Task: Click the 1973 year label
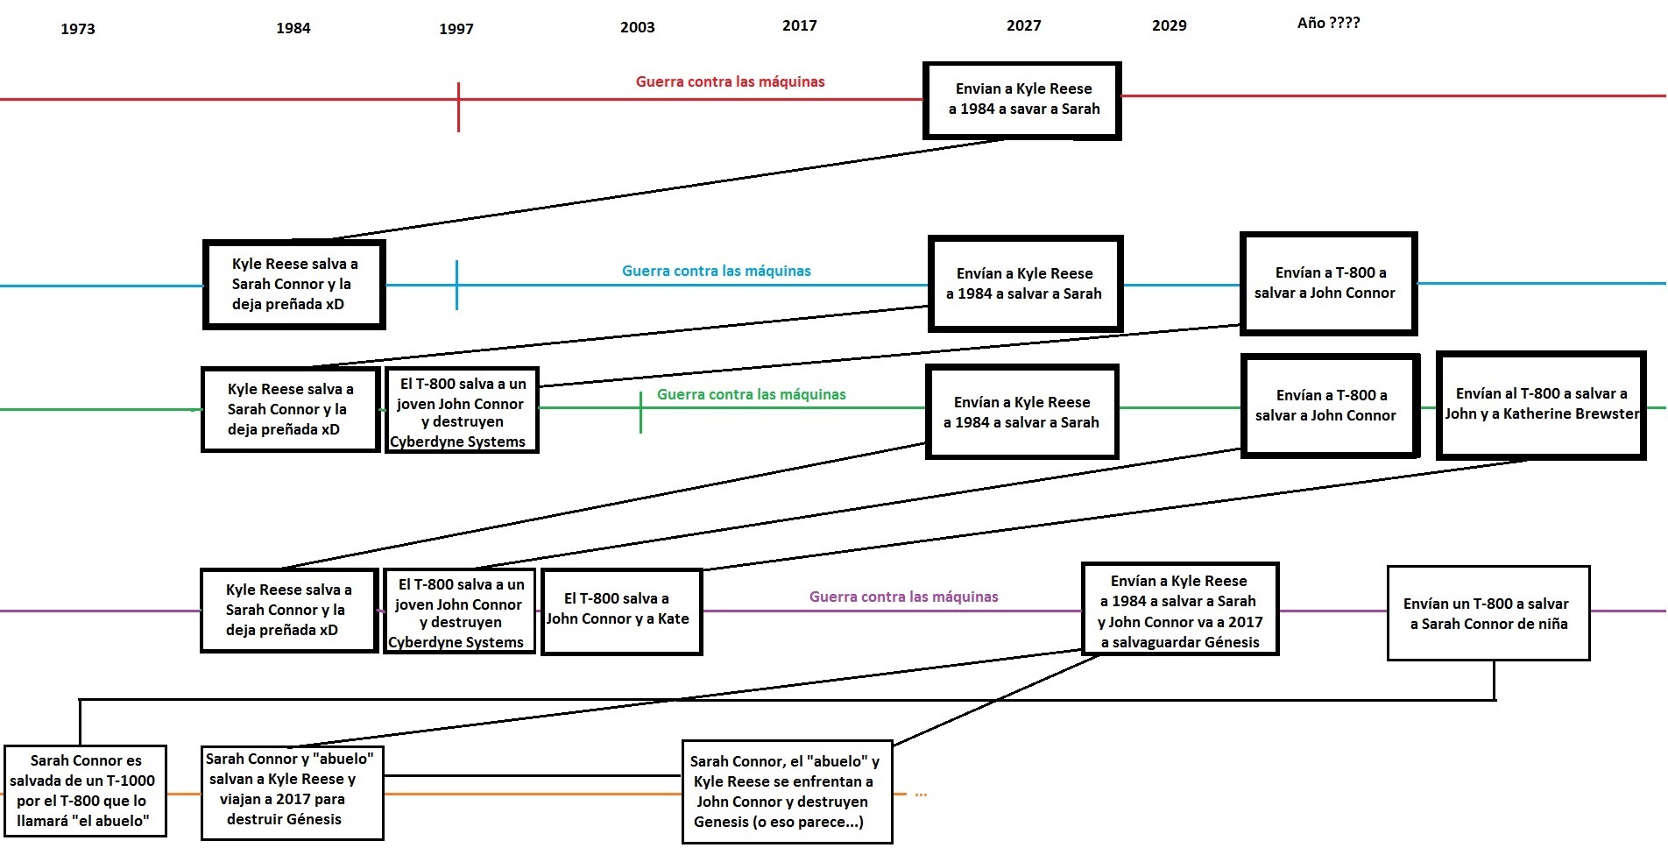(78, 29)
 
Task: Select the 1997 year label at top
(456, 29)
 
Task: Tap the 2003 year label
(638, 27)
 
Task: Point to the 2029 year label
(1170, 25)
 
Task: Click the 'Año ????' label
(1328, 23)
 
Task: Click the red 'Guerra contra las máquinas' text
(730, 81)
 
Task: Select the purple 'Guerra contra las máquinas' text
(903, 597)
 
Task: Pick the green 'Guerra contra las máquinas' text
(751, 394)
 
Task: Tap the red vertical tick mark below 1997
(458, 108)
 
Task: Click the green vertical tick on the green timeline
(640, 413)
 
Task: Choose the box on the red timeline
(1022, 100)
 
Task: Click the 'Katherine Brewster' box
(1541, 405)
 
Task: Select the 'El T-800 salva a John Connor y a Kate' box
(621, 611)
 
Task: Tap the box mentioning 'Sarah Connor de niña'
(1488, 613)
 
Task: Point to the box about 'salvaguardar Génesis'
(1180, 610)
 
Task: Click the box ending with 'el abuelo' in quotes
(84, 790)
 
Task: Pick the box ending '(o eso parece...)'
(787, 792)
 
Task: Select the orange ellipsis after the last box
(921, 795)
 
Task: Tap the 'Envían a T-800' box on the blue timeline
(1328, 283)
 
